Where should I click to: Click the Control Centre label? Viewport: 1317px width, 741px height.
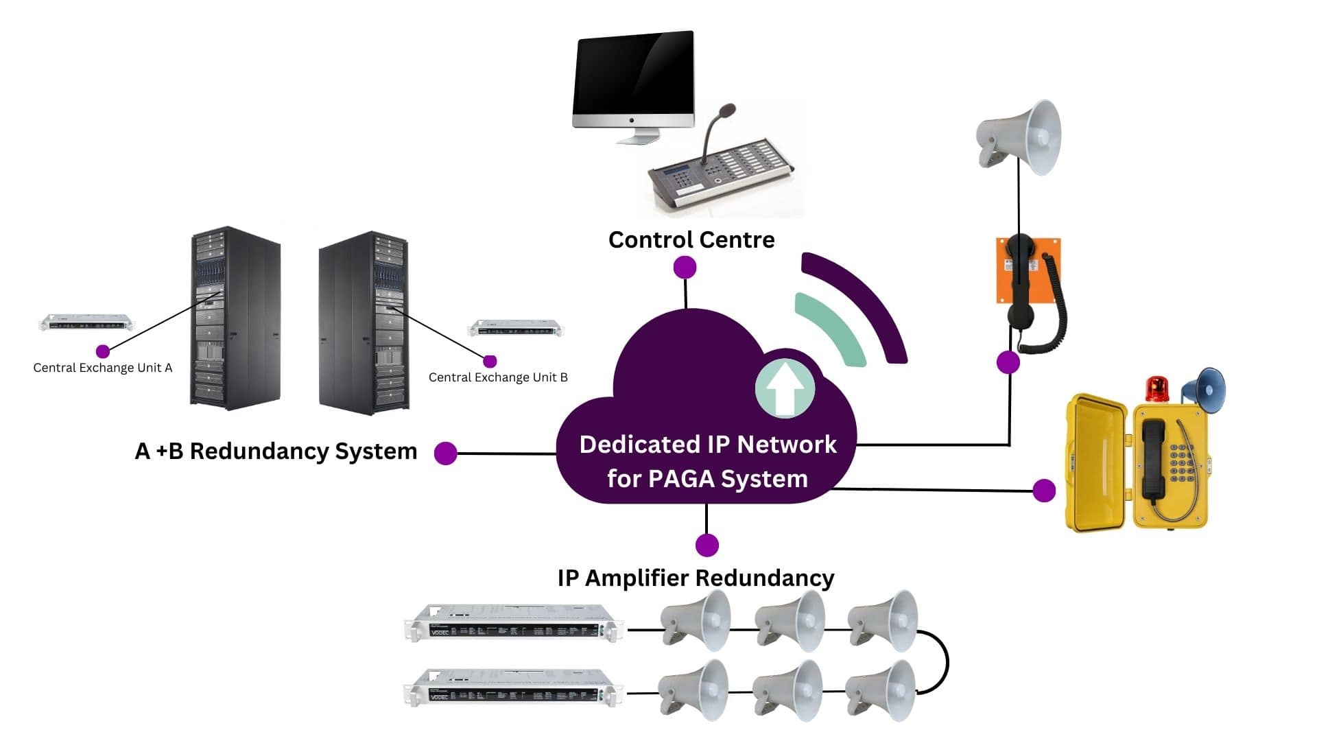click(691, 240)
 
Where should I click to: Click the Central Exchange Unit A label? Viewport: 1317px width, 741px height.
click(103, 368)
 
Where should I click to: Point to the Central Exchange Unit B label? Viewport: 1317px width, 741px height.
click(498, 377)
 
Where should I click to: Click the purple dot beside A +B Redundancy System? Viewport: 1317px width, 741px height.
click(446, 453)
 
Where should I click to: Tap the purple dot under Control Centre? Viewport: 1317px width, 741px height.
click(685, 268)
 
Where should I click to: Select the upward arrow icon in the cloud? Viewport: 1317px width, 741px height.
click(785, 389)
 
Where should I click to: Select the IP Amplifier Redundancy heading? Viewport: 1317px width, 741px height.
click(696, 578)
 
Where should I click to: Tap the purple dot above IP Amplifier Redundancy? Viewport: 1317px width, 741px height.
click(707, 545)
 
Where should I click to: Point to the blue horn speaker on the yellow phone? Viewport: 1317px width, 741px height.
click(1206, 389)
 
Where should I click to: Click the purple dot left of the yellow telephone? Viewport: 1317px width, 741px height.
click(1043, 491)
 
